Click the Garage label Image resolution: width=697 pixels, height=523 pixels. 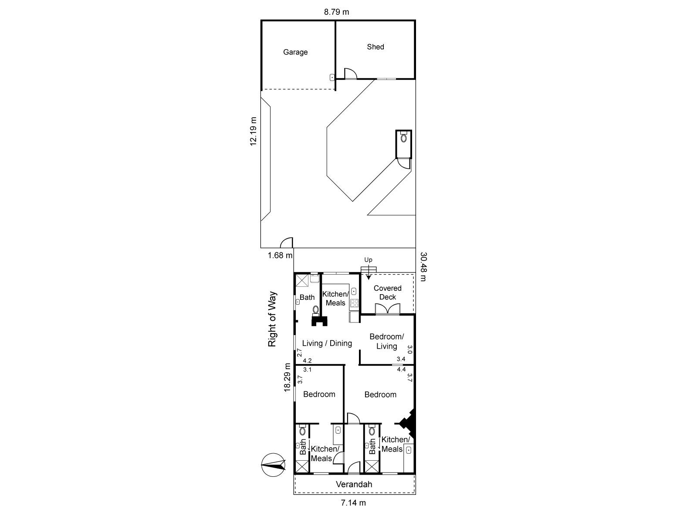click(295, 52)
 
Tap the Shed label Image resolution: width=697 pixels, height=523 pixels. click(376, 47)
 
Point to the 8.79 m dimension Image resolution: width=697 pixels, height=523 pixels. click(336, 12)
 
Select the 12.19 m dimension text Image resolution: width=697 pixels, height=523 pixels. click(253, 131)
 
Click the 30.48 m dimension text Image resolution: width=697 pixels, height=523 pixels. click(423, 267)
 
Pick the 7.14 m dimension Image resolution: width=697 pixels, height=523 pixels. click(353, 503)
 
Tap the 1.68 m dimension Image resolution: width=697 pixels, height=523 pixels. click(280, 255)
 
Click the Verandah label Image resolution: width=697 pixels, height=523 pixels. click(354, 484)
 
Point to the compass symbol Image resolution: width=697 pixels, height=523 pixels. click(273, 465)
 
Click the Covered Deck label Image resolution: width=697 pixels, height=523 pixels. click(387, 292)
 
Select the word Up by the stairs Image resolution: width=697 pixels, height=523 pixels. click(368, 260)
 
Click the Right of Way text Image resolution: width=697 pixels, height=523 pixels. click(272, 319)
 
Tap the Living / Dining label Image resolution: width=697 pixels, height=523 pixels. click(327, 343)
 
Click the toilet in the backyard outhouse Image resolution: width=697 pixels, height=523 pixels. click(403, 137)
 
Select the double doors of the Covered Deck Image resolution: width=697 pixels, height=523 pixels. click(387, 309)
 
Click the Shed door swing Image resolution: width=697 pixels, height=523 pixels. click(351, 74)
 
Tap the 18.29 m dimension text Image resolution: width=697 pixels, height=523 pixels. click(287, 377)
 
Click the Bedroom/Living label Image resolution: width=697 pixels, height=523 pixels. click(386, 341)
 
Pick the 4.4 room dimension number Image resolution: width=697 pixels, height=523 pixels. click(401, 369)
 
